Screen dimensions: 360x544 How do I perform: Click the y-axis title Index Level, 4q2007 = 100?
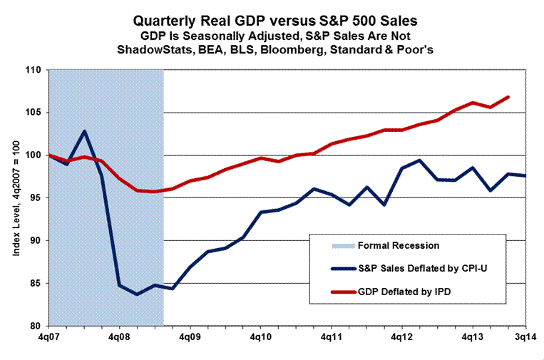[15, 197]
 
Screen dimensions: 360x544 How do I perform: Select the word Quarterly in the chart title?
[175, 22]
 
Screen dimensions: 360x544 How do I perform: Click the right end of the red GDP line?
[508, 96]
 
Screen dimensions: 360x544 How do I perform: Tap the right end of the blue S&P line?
[525, 175]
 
